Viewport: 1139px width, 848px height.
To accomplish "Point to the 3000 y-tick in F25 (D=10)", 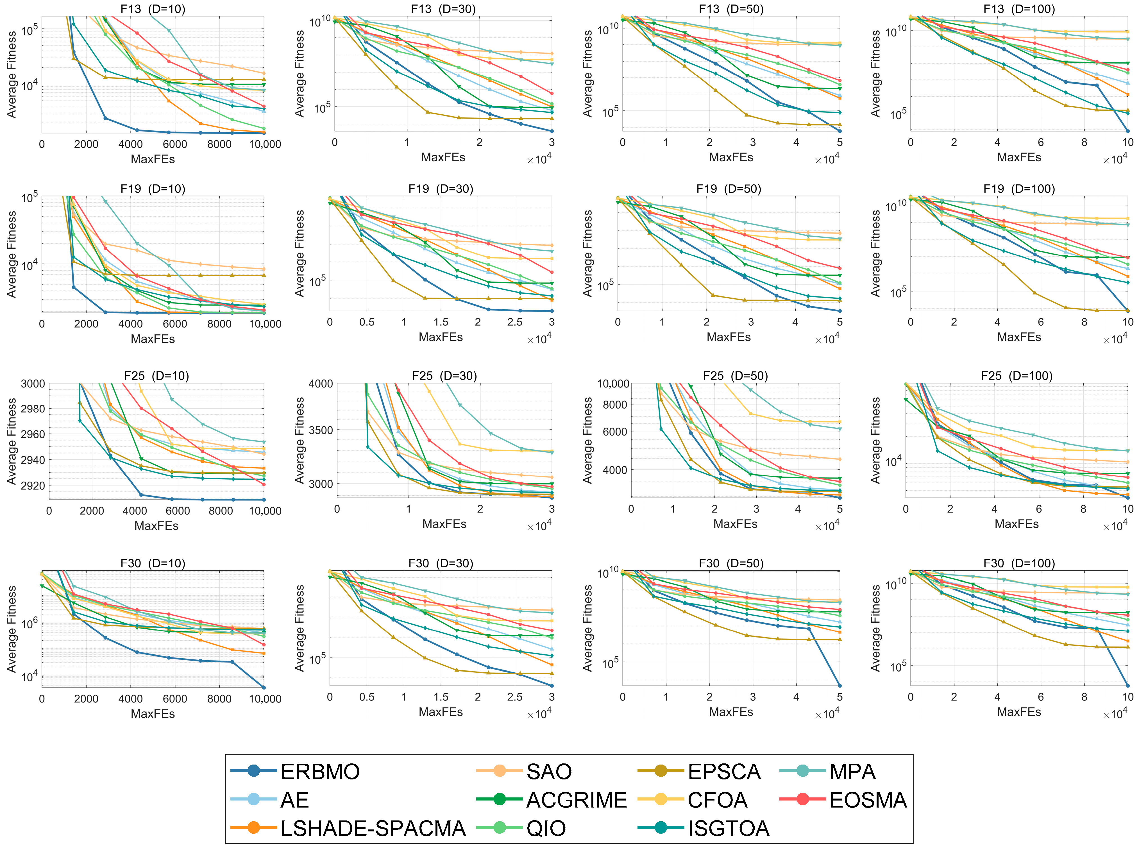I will point(33,384).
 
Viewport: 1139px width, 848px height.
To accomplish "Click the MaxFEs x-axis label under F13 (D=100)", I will point(1019,157).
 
